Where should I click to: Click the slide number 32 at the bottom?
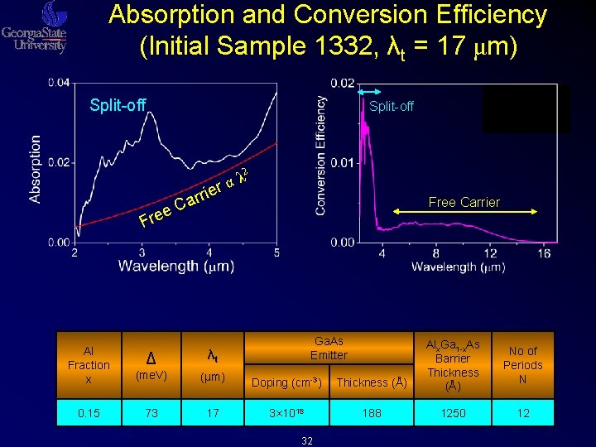coord(307,441)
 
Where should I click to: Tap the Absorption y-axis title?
coord(36,170)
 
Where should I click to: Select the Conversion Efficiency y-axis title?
coord(320,156)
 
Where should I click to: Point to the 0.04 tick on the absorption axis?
coord(59,83)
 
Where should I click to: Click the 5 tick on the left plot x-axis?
coord(276,252)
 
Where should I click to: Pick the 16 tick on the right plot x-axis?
coord(543,252)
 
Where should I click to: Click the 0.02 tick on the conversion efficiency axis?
coord(344,83)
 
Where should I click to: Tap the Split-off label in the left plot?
coord(118,105)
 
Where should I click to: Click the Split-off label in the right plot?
coord(392,106)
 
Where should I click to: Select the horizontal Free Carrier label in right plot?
coord(464,202)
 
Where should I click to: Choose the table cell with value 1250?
coord(454,412)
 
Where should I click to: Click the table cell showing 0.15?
coord(89,412)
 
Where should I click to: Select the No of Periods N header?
coord(523,365)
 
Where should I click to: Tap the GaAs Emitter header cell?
coord(329,348)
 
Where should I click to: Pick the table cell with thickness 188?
coord(372,412)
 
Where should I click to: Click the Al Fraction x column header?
coord(89,365)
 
